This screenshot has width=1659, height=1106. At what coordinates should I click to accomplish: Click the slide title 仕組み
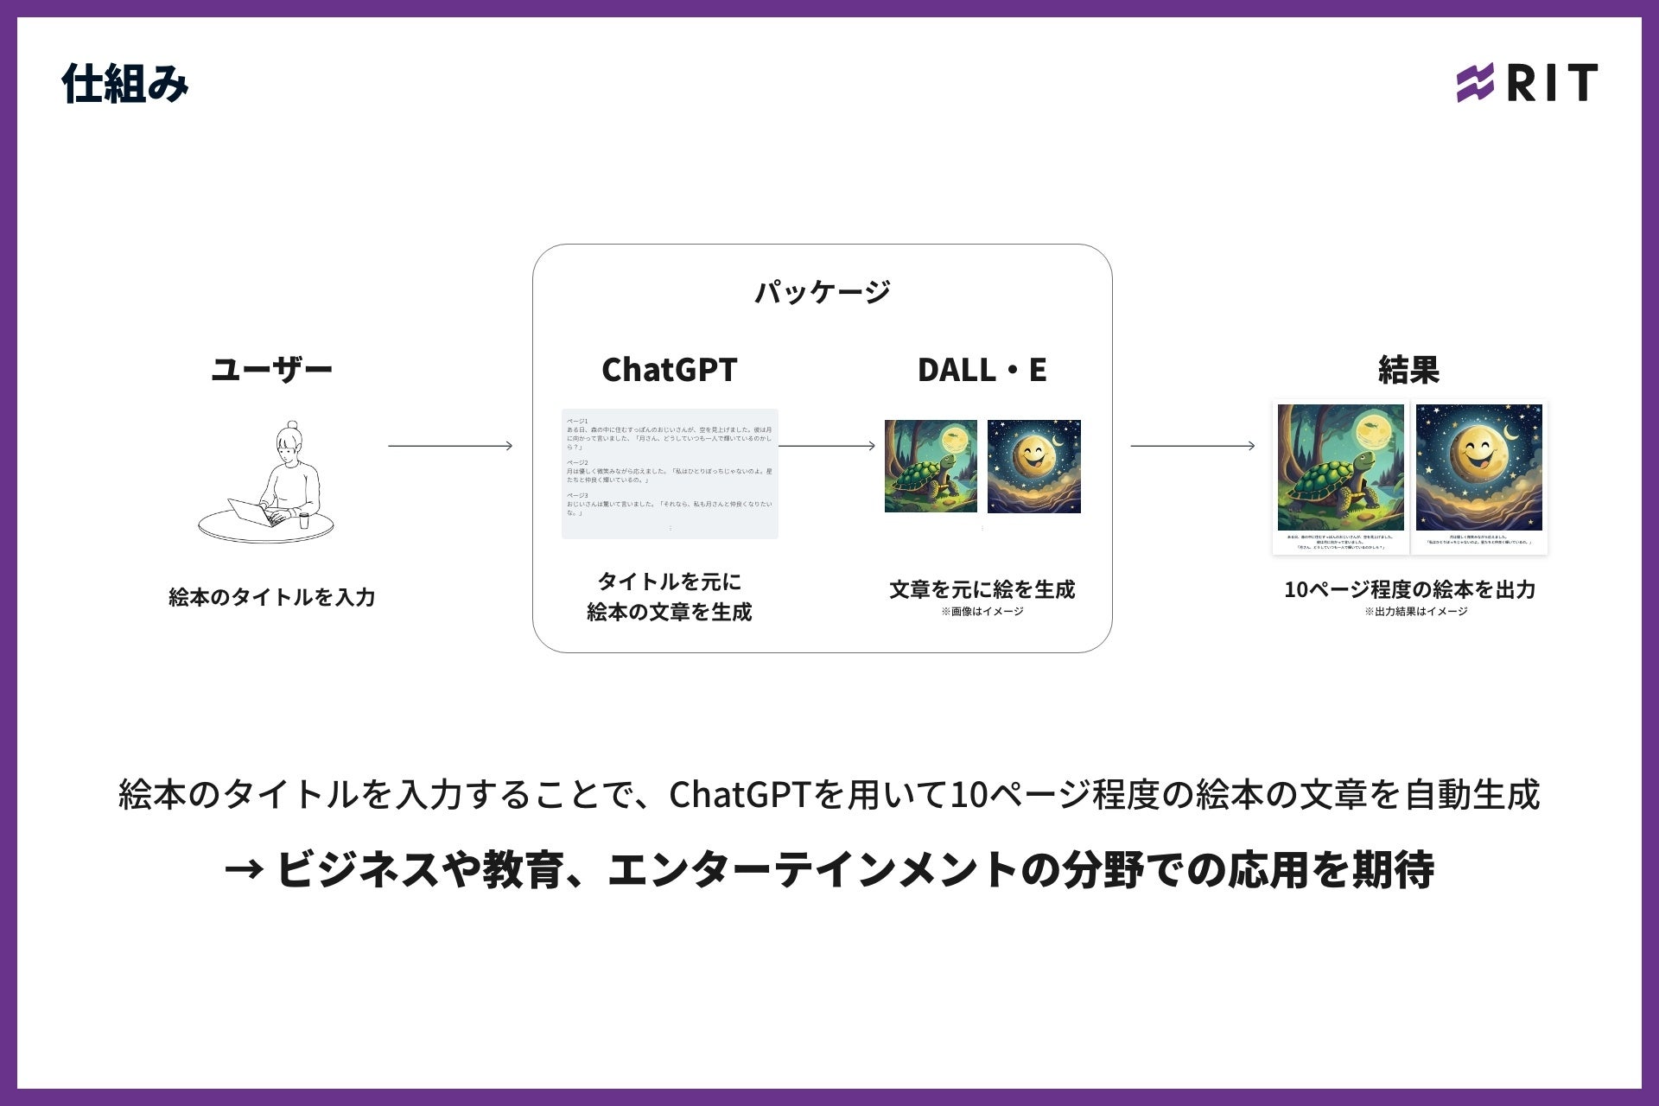(x=125, y=84)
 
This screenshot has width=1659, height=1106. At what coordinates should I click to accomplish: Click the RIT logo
(x=1527, y=83)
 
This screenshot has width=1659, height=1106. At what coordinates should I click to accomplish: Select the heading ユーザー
(x=271, y=370)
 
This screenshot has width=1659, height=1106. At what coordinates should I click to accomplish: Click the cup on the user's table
(x=303, y=520)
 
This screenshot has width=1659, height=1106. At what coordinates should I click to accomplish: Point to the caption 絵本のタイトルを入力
(x=271, y=597)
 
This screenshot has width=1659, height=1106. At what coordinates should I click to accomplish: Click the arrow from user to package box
(x=450, y=446)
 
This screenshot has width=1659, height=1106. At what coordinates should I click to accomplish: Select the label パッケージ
(x=822, y=292)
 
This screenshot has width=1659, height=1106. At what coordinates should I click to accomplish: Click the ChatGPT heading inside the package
(x=669, y=370)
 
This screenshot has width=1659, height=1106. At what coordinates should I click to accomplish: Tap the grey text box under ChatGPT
(x=670, y=474)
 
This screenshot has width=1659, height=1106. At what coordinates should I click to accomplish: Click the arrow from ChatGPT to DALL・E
(x=827, y=446)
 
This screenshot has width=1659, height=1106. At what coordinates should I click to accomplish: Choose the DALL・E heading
(x=982, y=370)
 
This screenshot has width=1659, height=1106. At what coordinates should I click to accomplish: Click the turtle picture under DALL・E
(x=931, y=467)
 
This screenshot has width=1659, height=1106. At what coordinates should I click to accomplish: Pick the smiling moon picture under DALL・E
(x=1034, y=467)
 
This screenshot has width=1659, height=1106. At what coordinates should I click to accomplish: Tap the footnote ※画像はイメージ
(x=982, y=612)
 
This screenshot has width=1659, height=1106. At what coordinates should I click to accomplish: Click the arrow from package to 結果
(x=1192, y=446)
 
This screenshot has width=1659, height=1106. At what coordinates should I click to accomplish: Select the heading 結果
(x=1408, y=370)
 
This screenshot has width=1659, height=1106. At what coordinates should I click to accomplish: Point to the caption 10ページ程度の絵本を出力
(x=1409, y=589)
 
